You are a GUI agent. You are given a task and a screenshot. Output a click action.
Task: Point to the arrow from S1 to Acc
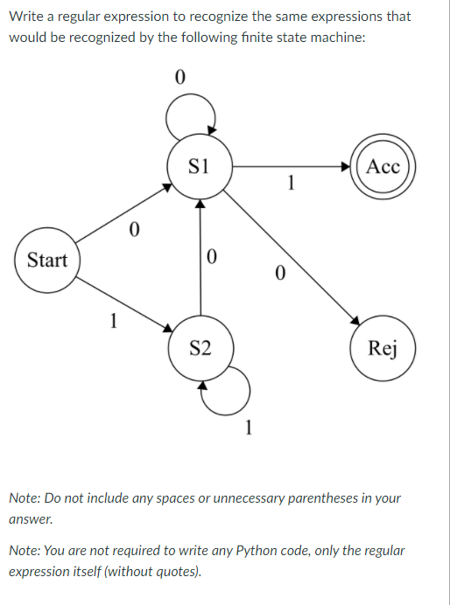292,167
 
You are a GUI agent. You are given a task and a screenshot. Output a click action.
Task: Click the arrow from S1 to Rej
292,257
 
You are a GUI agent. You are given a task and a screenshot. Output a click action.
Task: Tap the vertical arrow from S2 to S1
200,257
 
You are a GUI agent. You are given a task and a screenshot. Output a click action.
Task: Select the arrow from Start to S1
123,213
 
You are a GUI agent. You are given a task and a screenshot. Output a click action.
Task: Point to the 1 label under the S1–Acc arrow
292,183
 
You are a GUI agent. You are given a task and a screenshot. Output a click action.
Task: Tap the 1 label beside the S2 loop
249,428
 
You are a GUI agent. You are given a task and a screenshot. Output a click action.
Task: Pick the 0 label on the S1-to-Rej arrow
281,273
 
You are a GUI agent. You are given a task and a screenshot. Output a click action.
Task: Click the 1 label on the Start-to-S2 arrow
113,321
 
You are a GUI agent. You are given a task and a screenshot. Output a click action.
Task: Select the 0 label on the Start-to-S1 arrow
134,230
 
